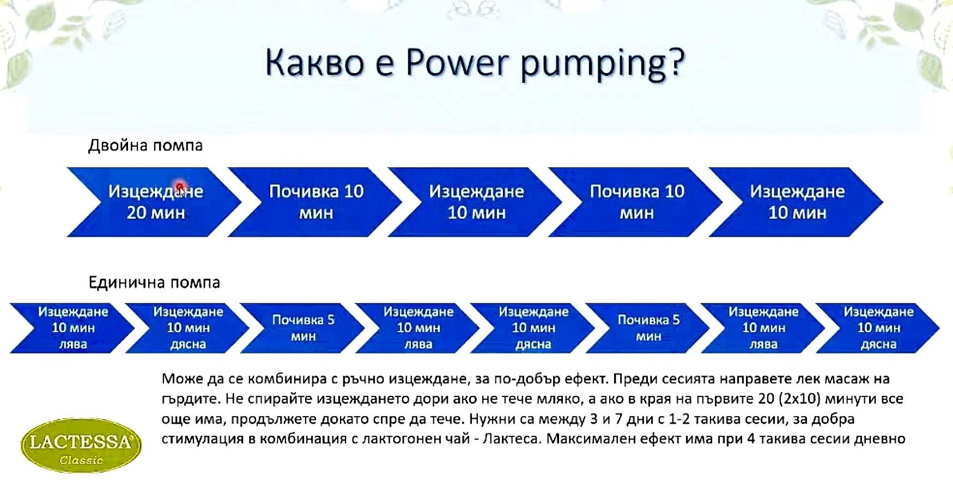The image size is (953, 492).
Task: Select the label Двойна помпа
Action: [145, 146]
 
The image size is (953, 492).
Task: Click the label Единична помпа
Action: [154, 283]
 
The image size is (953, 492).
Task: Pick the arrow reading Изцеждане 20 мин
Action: [154, 202]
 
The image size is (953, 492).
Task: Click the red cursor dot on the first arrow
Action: [180, 187]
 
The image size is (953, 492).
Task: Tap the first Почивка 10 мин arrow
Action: [314, 202]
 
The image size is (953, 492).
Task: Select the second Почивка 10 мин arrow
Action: [635, 202]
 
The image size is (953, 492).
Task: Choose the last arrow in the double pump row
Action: [796, 202]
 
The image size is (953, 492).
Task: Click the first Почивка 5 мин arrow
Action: [302, 328]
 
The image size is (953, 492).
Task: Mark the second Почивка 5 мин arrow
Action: [648, 328]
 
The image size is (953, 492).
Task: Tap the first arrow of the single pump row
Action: [72, 328]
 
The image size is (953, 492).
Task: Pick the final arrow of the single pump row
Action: [878, 328]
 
